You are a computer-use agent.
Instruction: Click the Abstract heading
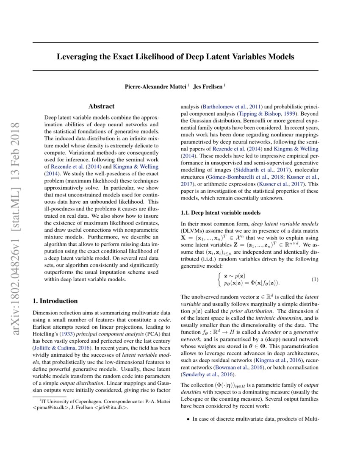pos(101,106)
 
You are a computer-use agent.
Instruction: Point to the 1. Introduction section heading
pos(55,301)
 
